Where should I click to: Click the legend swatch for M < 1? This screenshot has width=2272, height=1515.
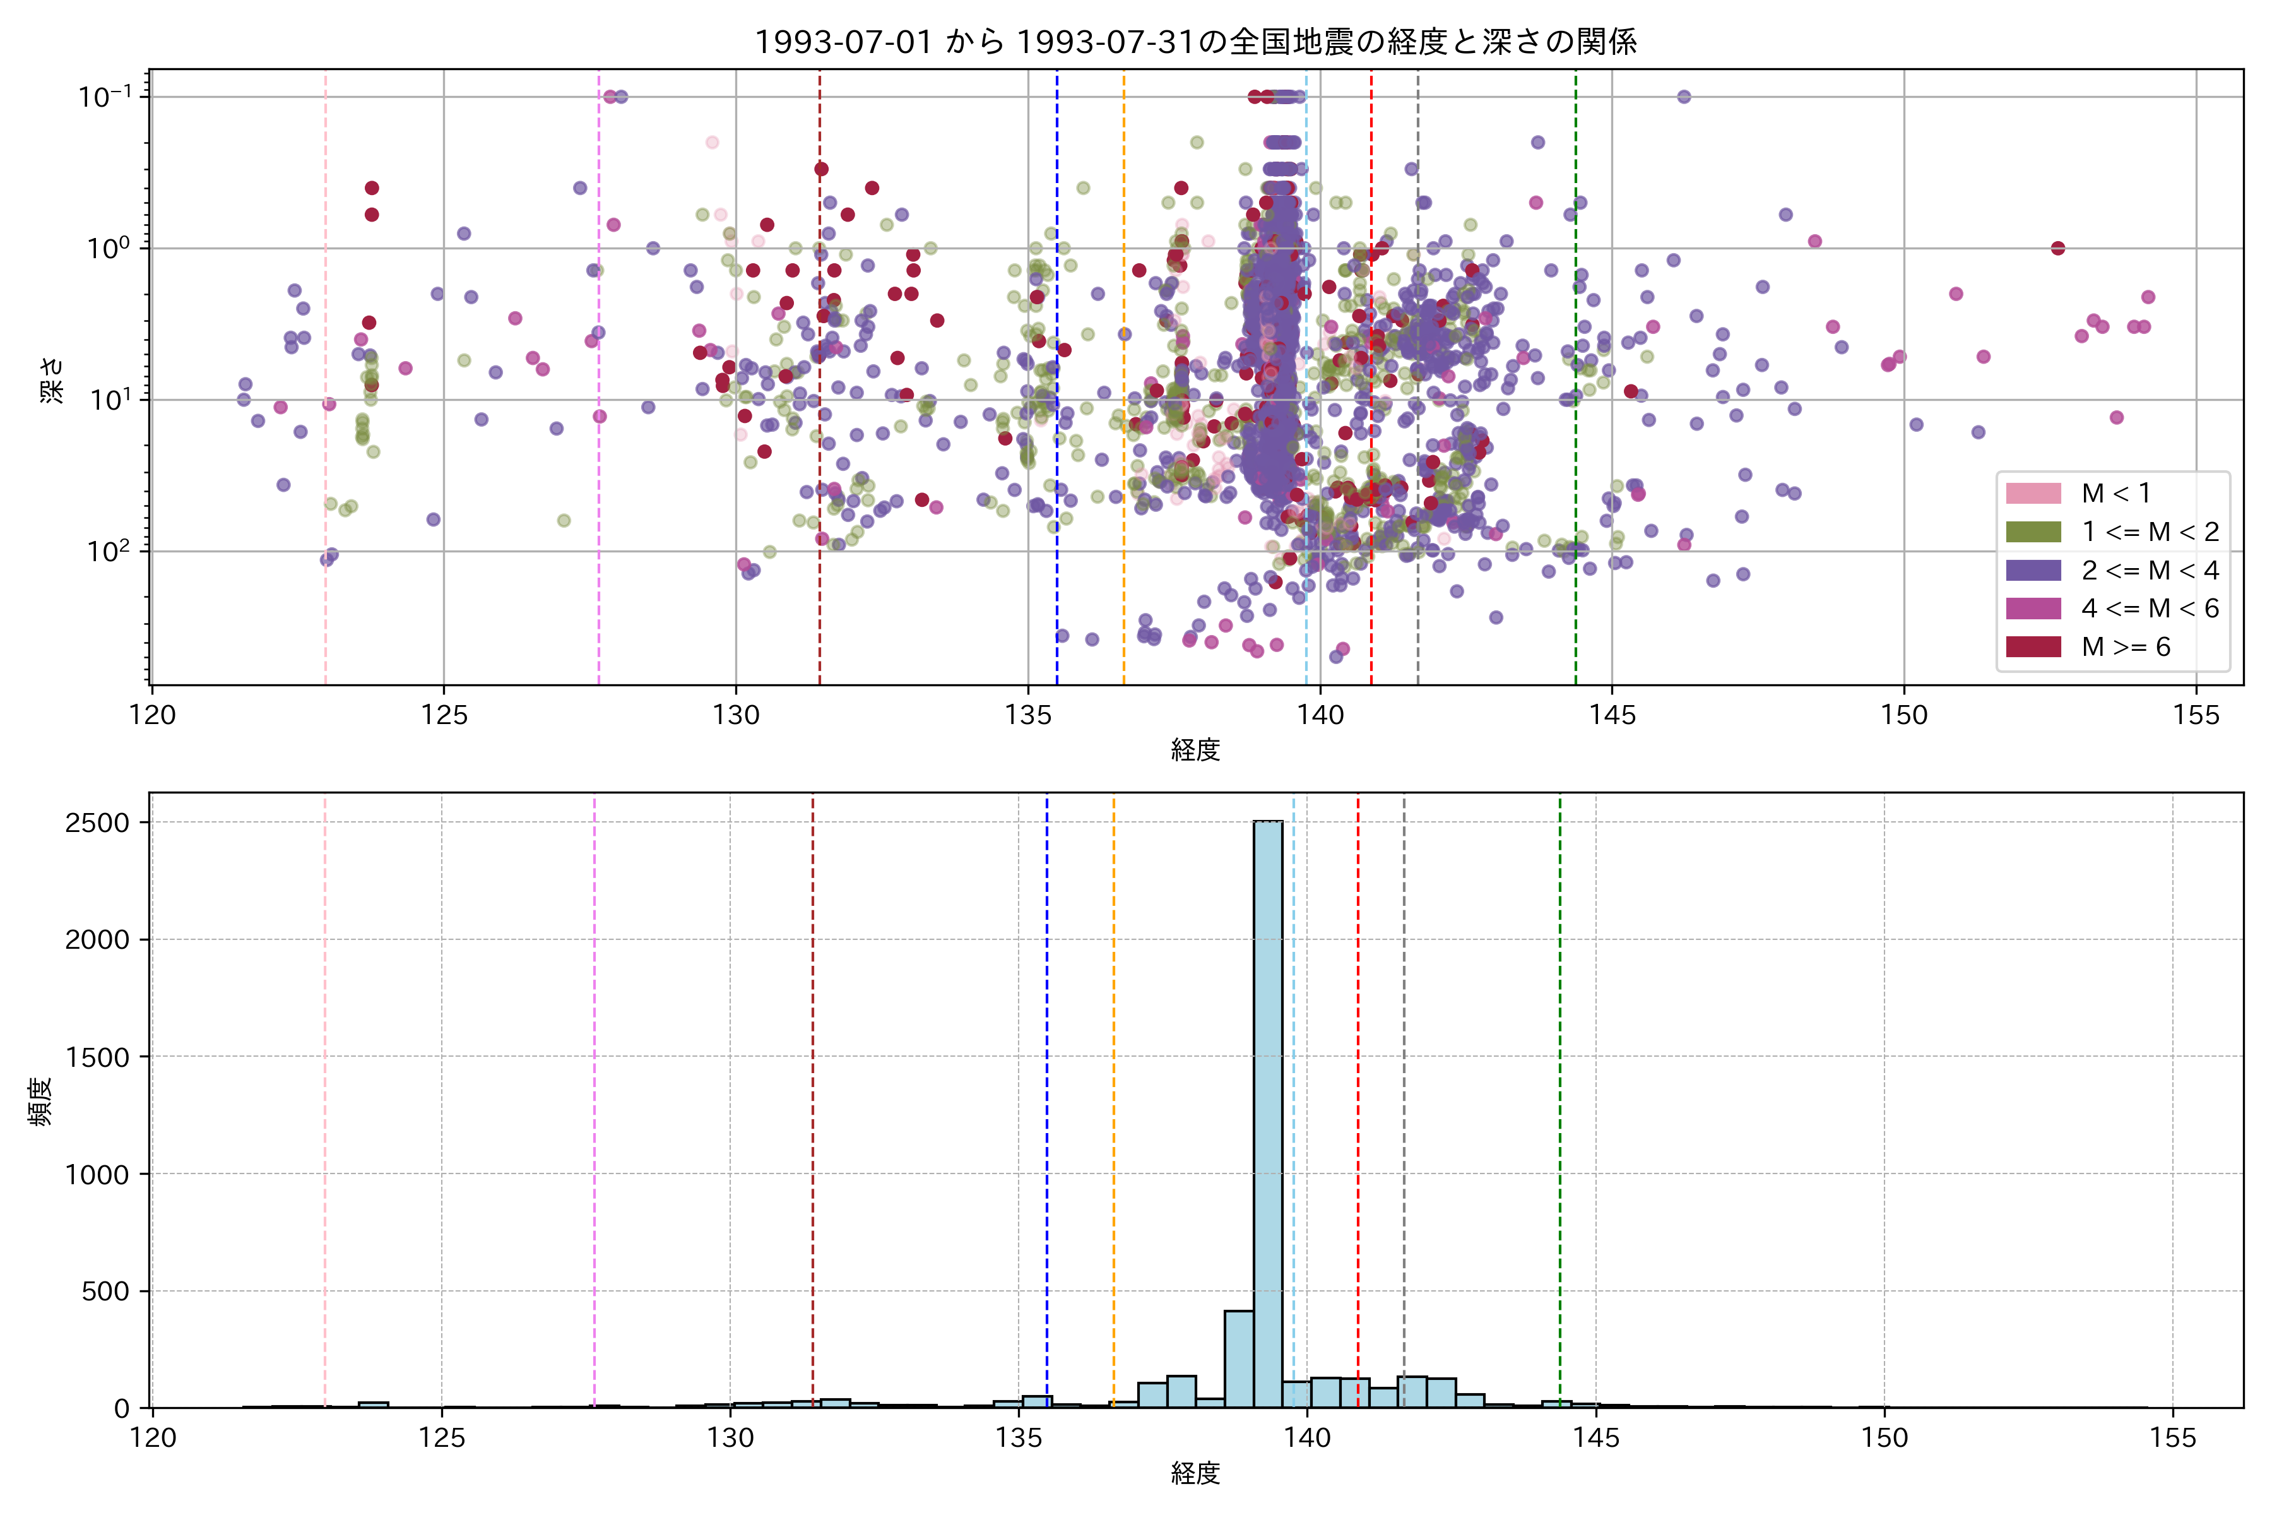2033,494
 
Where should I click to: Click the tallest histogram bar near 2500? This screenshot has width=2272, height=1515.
1269,1111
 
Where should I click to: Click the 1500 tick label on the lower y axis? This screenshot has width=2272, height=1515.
97,1057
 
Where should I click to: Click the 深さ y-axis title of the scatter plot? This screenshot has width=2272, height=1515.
51,379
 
